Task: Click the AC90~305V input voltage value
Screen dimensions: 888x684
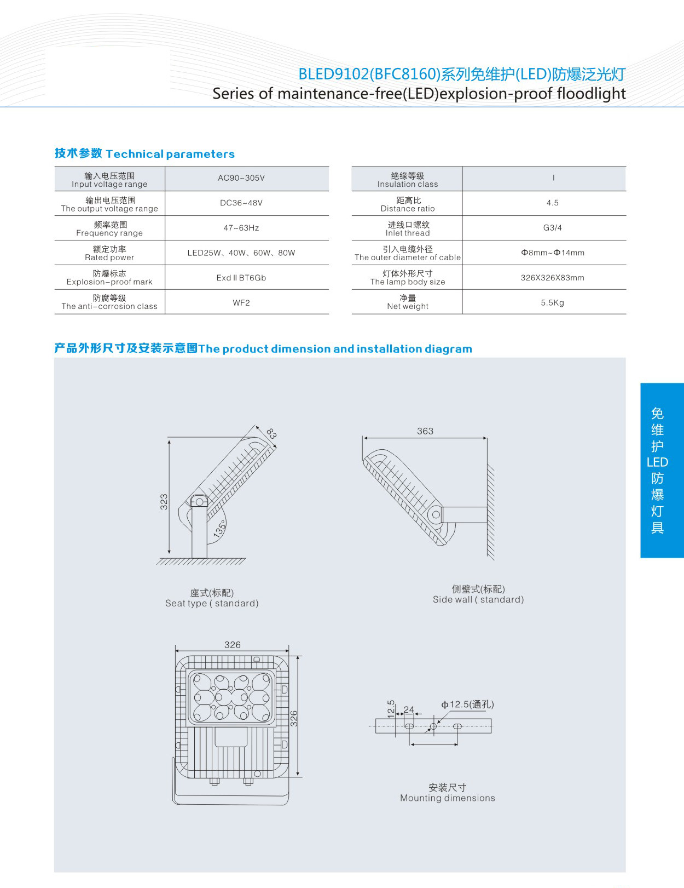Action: click(x=241, y=178)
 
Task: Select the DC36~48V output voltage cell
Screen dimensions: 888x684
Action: click(x=241, y=203)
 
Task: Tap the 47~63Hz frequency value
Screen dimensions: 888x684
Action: click(x=241, y=228)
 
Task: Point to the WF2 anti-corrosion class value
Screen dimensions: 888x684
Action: click(x=241, y=302)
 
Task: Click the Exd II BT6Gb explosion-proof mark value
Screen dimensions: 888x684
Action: click(x=241, y=278)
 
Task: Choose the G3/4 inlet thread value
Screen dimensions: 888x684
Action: click(x=553, y=228)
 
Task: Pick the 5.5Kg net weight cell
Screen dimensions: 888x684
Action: click(x=553, y=302)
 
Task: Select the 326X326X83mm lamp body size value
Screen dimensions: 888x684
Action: click(x=553, y=278)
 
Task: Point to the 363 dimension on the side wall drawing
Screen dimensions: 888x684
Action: click(x=425, y=431)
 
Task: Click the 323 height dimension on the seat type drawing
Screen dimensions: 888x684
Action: click(x=164, y=502)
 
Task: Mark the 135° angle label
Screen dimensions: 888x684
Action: click(x=219, y=529)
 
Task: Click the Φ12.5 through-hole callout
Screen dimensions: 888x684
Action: click(x=468, y=704)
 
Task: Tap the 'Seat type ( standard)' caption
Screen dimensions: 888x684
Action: click(x=212, y=603)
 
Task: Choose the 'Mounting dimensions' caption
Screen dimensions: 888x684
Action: click(x=448, y=798)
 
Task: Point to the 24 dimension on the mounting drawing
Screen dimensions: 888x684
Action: click(x=409, y=709)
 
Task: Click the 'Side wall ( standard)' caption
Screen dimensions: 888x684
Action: click(x=478, y=599)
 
